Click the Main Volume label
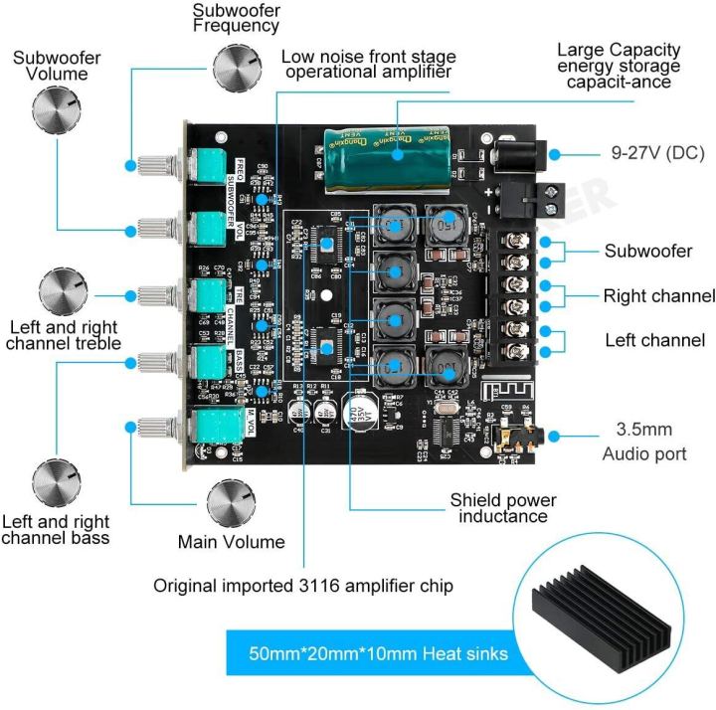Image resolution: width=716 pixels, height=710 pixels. (x=231, y=542)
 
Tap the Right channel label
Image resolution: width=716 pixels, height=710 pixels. (x=658, y=296)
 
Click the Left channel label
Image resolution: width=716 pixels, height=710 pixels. (x=654, y=340)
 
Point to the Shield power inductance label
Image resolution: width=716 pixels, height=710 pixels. (x=502, y=508)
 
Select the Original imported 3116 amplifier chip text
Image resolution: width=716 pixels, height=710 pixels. (x=302, y=586)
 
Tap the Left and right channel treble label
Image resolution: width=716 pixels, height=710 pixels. (x=62, y=334)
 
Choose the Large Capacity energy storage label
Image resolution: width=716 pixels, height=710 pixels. (x=618, y=65)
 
